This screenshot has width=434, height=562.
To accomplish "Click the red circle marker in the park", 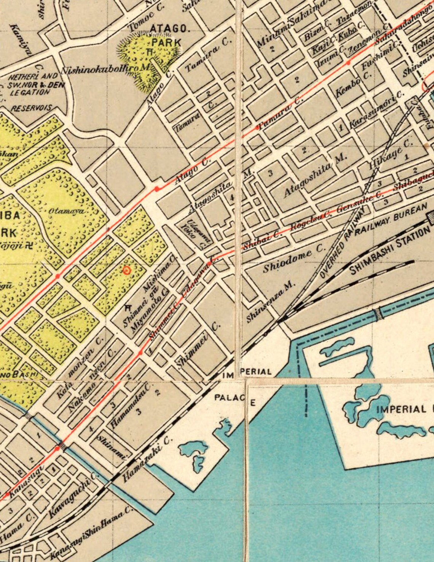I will [127, 270].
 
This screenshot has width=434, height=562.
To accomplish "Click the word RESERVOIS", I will [31, 108].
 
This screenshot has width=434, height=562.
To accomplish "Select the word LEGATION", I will [30, 92].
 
